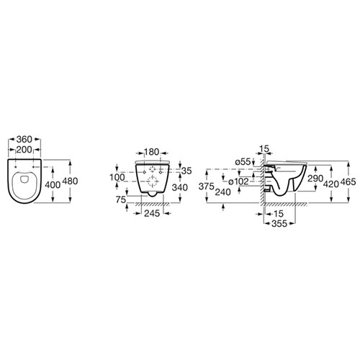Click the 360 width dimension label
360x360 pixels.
click(x=24, y=139)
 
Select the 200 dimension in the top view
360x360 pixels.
click(x=24, y=150)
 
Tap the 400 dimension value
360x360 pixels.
click(x=53, y=185)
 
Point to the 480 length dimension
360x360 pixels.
click(x=70, y=181)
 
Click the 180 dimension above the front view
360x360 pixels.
click(x=151, y=152)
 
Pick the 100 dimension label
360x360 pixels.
click(x=117, y=178)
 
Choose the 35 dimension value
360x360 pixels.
click(x=186, y=171)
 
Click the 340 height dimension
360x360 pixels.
click(x=180, y=187)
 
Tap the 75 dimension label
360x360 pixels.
click(x=121, y=199)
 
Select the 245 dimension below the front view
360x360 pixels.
click(x=152, y=213)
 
